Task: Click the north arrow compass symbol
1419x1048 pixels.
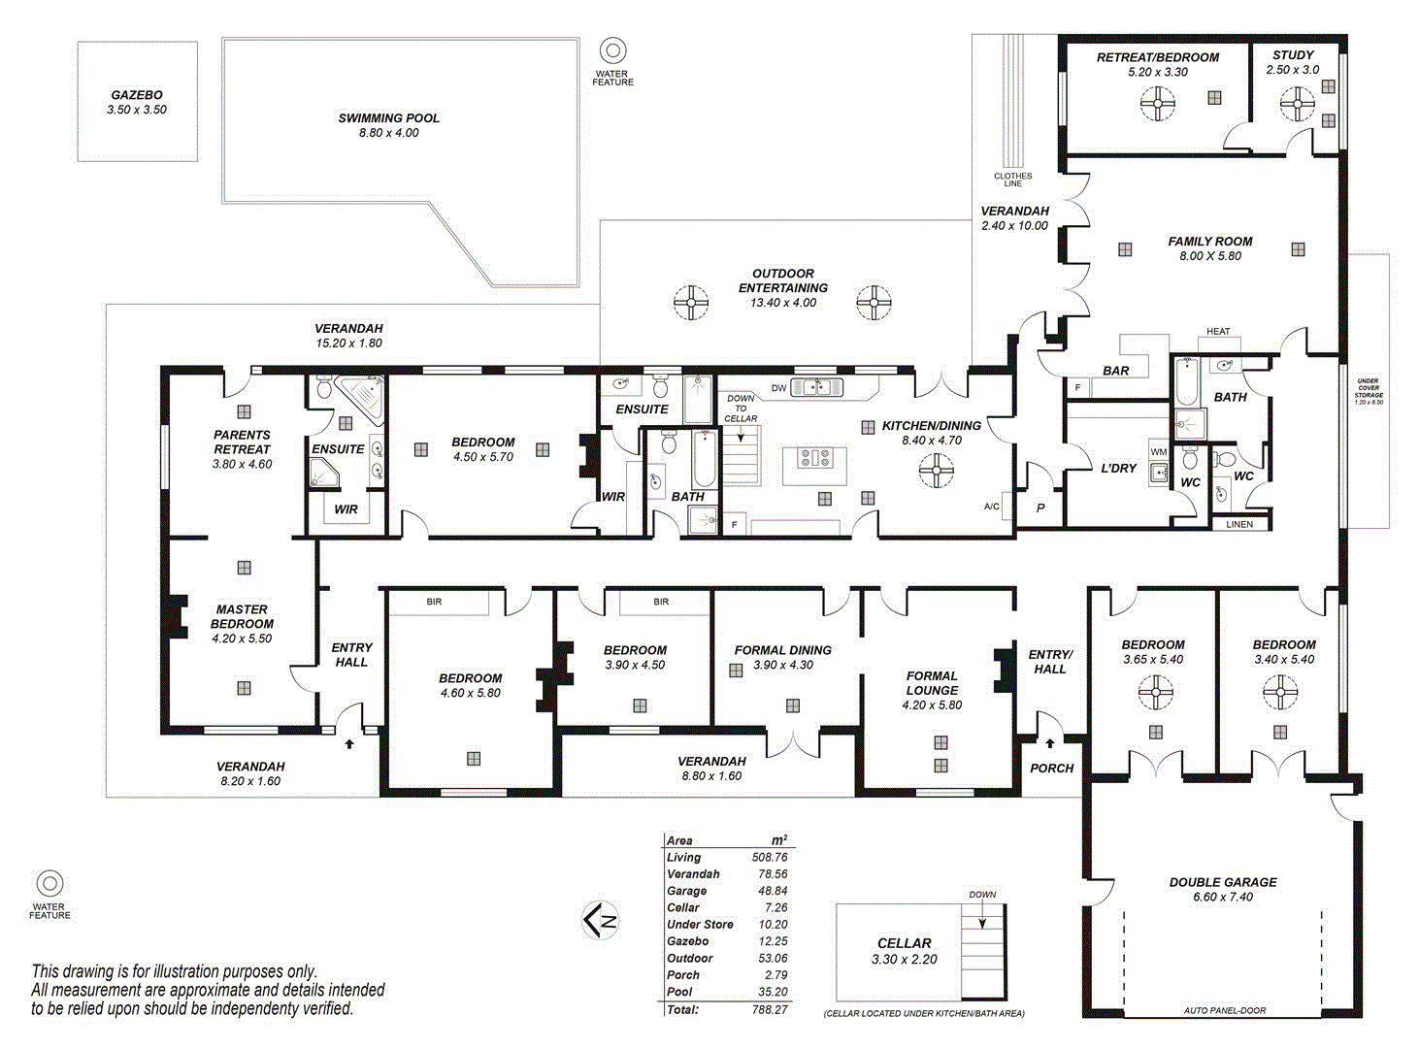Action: (601, 920)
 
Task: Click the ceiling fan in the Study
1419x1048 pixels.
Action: (1297, 104)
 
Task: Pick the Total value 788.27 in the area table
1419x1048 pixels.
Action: (769, 1009)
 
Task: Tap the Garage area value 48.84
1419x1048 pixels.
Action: (773, 891)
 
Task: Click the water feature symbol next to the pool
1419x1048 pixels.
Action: (612, 50)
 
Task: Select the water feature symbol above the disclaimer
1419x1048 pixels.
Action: (49, 884)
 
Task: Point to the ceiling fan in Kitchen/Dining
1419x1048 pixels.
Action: (936, 472)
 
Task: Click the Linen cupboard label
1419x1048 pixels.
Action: (1239, 524)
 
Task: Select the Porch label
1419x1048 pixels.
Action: (1051, 768)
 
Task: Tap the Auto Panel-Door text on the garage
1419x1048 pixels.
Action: (1224, 1010)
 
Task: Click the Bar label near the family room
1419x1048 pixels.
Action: (1115, 371)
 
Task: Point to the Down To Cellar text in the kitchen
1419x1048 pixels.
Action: (741, 409)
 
